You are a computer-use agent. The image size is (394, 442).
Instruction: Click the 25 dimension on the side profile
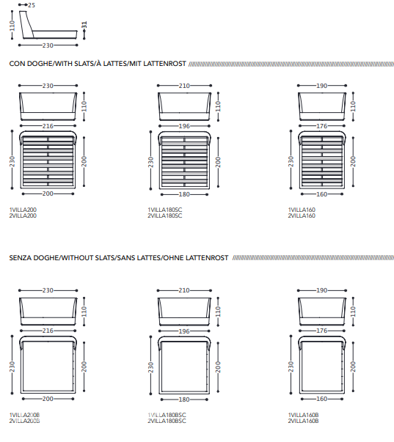click(32, 5)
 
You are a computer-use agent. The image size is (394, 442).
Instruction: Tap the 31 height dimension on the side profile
click(84, 25)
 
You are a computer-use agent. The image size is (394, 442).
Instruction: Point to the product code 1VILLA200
click(23, 210)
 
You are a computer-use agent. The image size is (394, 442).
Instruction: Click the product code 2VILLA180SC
click(165, 216)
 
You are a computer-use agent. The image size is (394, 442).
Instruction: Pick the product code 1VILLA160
click(302, 210)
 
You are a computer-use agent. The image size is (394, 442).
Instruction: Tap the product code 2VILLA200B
click(24, 421)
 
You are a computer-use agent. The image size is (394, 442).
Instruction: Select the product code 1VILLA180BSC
click(167, 415)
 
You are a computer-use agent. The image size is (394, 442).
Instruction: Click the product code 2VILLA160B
click(303, 421)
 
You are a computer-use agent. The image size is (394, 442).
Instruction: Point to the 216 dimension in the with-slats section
click(48, 126)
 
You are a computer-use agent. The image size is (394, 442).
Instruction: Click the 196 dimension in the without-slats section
click(184, 331)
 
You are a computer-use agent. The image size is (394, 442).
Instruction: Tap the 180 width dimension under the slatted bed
click(184, 194)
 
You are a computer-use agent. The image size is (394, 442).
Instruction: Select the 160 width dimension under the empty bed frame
click(322, 399)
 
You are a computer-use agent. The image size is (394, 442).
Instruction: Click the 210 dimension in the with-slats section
click(184, 86)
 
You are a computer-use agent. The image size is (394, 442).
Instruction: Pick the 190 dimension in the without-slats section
click(322, 290)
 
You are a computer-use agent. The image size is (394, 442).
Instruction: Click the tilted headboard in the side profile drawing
click(27, 25)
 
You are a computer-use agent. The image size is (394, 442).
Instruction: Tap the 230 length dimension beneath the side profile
click(48, 45)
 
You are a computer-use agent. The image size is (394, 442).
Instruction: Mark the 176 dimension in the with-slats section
click(322, 126)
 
